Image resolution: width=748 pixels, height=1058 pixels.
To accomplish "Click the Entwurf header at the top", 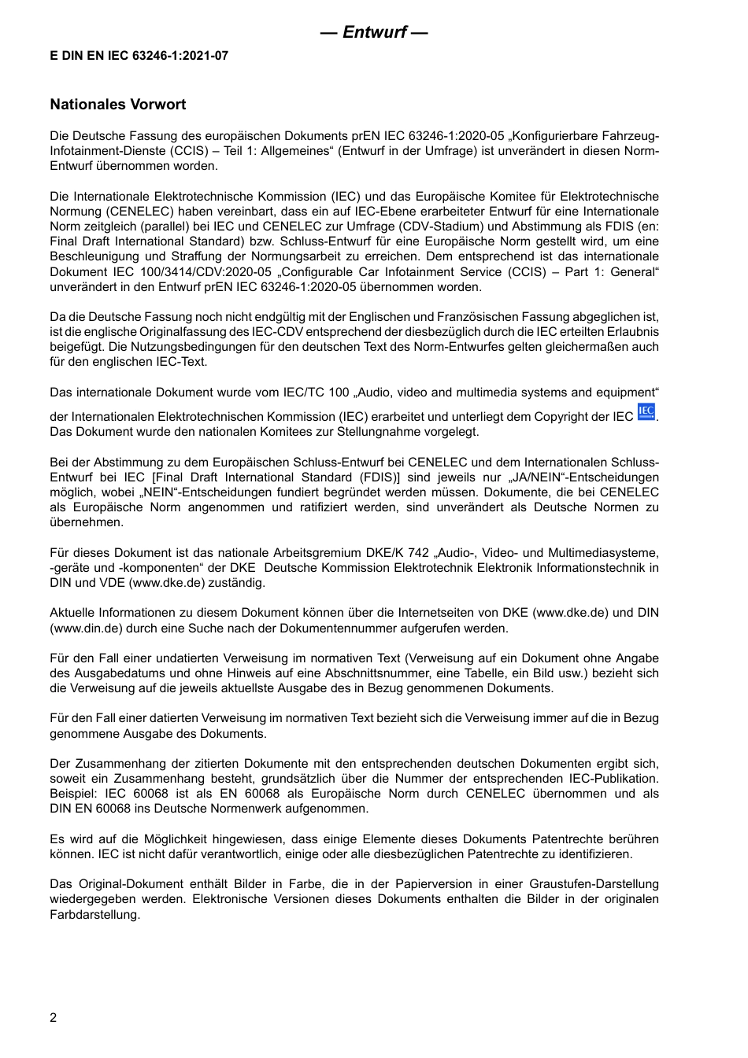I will pyautogui.click(x=374, y=32).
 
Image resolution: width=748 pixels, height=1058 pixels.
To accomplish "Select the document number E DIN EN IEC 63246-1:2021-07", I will pyautogui.click(x=139, y=56).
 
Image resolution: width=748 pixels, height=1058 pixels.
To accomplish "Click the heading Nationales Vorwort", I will pyautogui.click(x=118, y=105).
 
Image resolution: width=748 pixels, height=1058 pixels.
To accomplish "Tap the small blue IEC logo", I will pyautogui.click(x=646, y=412).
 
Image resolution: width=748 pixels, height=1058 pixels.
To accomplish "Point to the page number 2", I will pyautogui.click(x=54, y=1017).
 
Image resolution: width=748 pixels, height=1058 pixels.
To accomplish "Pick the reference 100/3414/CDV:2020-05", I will pyautogui.click(x=179, y=272).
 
